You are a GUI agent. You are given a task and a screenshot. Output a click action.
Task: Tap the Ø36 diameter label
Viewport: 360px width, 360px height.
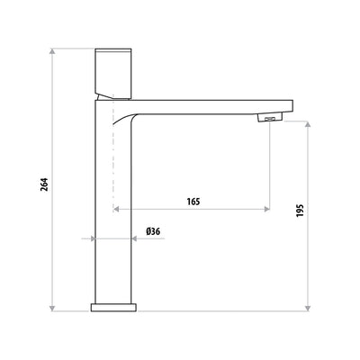[x=153, y=232]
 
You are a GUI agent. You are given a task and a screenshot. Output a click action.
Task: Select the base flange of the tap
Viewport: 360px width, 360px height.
[x=113, y=307]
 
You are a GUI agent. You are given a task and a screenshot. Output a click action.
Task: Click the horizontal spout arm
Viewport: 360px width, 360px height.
[x=207, y=104]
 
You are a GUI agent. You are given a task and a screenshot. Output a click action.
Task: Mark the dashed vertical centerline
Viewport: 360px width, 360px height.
[x=113, y=171]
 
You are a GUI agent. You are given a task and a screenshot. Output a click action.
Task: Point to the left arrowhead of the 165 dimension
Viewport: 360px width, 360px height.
[x=117, y=210]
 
